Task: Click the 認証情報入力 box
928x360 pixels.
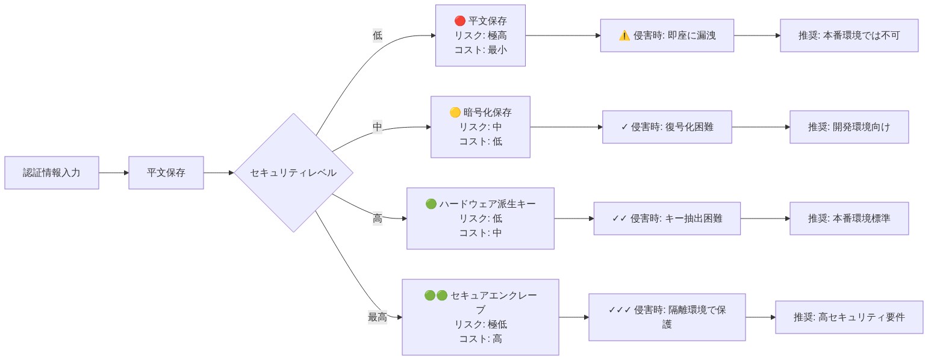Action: point(52,173)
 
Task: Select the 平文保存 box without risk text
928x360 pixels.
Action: point(166,173)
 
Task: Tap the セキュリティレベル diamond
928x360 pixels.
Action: point(293,173)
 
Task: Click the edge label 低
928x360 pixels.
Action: point(378,36)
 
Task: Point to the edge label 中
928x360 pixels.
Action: point(378,127)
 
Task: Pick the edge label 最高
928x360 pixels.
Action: point(378,317)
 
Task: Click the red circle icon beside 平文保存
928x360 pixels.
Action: point(459,21)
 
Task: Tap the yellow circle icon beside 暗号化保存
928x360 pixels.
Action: point(455,113)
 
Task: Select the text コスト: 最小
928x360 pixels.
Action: point(481,50)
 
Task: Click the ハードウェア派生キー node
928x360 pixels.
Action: point(481,218)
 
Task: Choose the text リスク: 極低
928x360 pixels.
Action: point(481,324)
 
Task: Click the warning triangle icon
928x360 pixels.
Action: point(624,36)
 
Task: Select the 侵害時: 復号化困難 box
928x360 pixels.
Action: point(667,127)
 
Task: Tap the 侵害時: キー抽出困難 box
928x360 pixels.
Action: point(667,219)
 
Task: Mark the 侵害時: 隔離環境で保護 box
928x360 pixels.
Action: point(667,317)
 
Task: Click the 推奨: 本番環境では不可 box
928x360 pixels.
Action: point(849,36)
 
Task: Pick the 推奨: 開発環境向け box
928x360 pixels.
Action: point(849,127)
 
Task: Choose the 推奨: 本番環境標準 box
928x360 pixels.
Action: point(849,219)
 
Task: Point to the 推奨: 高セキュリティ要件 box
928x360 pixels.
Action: point(849,317)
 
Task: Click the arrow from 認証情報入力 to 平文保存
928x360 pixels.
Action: point(114,173)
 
